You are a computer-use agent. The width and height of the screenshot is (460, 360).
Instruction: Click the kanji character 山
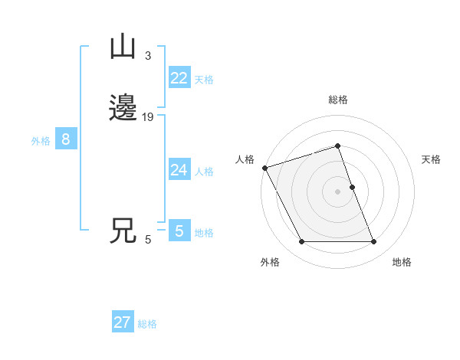click(x=123, y=47)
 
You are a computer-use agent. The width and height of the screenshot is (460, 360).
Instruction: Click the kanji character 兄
click(x=123, y=231)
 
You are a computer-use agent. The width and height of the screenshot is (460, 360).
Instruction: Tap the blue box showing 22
click(x=179, y=78)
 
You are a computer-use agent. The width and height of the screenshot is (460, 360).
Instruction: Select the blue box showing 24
click(x=179, y=170)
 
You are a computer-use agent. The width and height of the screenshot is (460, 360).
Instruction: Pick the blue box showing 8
click(x=66, y=139)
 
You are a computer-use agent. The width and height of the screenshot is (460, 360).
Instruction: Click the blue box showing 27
click(x=123, y=322)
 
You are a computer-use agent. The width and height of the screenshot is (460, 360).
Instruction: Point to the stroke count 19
click(x=148, y=117)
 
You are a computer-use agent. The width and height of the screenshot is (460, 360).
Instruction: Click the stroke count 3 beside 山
click(x=148, y=56)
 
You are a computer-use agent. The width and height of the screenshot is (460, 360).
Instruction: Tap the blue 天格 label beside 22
click(x=204, y=80)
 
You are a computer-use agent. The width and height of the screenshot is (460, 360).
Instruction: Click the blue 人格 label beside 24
click(x=204, y=172)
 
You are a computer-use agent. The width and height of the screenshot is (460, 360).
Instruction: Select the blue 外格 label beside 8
click(x=41, y=141)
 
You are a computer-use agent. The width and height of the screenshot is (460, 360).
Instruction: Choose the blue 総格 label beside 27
click(x=147, y=324)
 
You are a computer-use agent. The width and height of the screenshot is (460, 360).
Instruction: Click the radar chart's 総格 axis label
click(x=338, y=100)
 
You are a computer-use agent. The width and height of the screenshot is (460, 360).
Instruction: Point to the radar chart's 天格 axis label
click(x=431, y=159)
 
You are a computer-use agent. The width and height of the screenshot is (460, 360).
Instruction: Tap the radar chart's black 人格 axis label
click(x=245, y=159)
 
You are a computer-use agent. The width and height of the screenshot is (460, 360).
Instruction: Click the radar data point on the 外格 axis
click(x=301, y=242)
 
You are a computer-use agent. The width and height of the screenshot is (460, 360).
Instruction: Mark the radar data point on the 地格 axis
click(x=374, y=242)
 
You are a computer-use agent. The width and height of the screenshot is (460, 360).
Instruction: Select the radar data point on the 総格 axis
click(x=338, y=146)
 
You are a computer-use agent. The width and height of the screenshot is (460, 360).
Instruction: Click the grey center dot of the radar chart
click(x=338, y=191)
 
